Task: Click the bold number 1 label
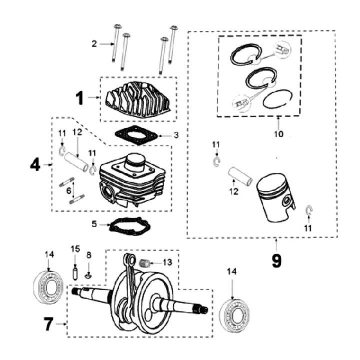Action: click(x=80, y=98)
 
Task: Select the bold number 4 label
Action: click(x=35, y=164)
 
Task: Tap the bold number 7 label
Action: click(x=48, y=324)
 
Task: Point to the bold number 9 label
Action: click(x=276, y=259)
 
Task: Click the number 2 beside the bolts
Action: click(x=93, y=44)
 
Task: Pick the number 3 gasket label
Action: click(x=176, y=135)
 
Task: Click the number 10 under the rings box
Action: click(x=278, y=134)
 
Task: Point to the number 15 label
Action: click(x=74, y=249)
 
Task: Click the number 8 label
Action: click(x=89, y=255)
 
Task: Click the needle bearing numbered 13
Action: click(x=147, y=261)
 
